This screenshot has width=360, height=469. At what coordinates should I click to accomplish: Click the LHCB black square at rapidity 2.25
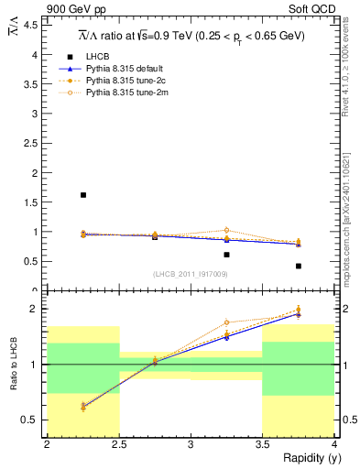83,195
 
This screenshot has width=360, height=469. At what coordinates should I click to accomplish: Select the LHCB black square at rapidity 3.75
299,266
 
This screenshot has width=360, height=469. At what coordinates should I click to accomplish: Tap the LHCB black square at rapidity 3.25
227,255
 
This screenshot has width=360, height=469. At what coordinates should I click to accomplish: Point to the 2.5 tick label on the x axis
118,445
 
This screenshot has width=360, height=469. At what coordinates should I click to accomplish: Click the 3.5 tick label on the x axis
263,445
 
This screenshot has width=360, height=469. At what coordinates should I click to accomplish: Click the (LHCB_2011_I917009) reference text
191,274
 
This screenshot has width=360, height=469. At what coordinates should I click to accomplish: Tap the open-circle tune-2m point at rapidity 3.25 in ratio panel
227,322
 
